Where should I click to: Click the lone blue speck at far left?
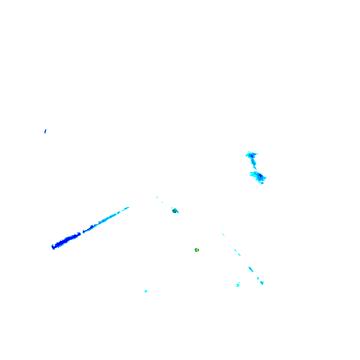click(45, 130)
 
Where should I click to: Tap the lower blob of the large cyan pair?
click(258, 177)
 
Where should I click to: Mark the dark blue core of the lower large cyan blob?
click(259, 176)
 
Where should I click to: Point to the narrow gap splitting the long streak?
click(82, 232)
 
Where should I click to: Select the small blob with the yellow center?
click(196, 250)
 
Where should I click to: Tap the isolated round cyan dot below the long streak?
click(146, 291)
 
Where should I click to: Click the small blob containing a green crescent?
click(175, 211)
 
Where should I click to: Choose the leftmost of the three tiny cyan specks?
click(157, 197)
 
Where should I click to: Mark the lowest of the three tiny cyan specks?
click(162, 202)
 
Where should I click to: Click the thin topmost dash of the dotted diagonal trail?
click(223, 235)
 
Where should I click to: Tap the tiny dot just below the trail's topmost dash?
click(235, 250)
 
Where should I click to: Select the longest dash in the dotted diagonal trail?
click(251, 269)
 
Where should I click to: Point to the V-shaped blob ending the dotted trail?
click(262, 282)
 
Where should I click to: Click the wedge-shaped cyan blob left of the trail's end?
click(238, 284)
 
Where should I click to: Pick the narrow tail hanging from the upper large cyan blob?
click(254, 166)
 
